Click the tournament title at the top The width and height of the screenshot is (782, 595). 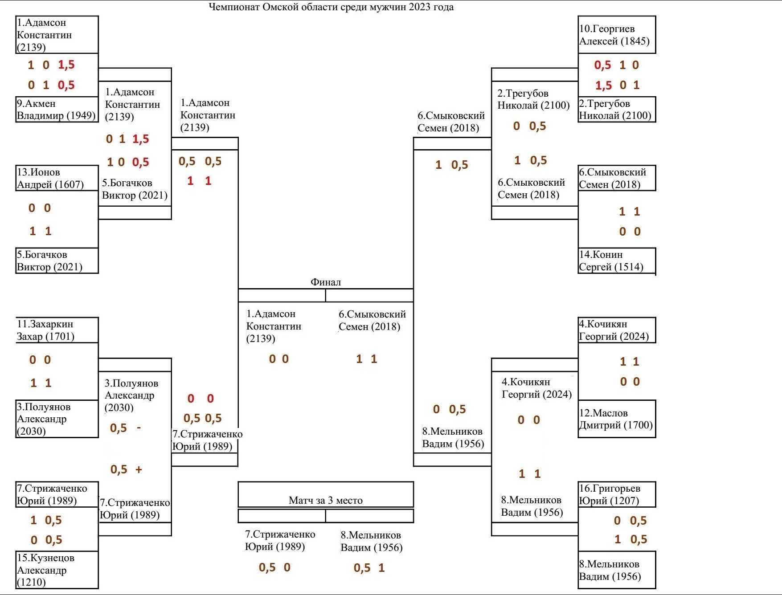tap(331, 7)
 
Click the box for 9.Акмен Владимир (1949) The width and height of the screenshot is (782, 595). tap(57, 110)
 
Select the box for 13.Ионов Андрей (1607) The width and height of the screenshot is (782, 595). tap(57, 178)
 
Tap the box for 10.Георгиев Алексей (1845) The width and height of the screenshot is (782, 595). tap(616, 35)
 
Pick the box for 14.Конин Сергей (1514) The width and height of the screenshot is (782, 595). tap(616, 261)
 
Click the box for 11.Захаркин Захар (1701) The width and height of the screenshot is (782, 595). tap(57, 330)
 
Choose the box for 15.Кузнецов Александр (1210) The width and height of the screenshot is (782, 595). tap(57, 570)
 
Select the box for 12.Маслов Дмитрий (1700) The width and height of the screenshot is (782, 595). tap(616, 419)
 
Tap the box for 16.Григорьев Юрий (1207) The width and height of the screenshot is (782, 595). tap(616, 494)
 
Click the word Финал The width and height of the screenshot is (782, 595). tap(326, 282)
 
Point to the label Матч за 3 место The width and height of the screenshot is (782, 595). tap(326, 500)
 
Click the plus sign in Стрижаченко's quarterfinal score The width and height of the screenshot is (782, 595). tap(139, 469)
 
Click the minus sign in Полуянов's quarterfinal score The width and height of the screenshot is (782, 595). tap(139, 428)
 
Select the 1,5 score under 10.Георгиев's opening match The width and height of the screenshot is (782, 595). tap(603, 85)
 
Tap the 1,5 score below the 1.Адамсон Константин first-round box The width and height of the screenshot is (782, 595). tap(66, 65)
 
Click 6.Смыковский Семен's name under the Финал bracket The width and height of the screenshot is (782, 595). tap(372, 320)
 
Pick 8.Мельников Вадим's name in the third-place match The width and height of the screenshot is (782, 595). tap(371, 541)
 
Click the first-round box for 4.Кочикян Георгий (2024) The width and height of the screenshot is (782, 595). tap(616, 330)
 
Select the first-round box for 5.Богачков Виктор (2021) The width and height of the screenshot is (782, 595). tap(57, 261)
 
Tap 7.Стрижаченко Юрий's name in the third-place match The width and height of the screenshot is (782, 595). tap(280, 540)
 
